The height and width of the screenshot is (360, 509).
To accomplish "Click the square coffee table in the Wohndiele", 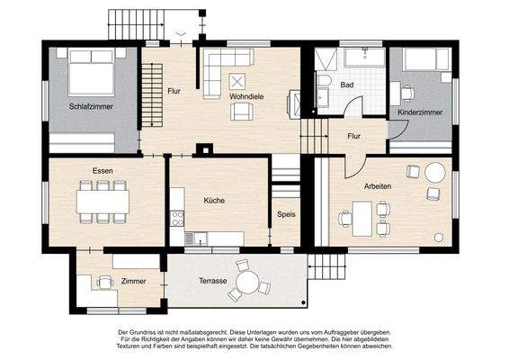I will [x=238, y=77].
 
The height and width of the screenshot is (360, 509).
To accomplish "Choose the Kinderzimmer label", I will [x=420, y=112].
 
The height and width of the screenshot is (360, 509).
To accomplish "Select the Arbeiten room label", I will [x=378, y=185].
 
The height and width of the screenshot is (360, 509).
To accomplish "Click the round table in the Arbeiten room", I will [x=437, y=171].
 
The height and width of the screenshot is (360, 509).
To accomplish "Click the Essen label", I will [x=101, y=170].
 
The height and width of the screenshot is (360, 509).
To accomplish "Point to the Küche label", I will [x=214, y=201].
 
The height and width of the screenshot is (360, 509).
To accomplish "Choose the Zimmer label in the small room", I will [x=133, y=282].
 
